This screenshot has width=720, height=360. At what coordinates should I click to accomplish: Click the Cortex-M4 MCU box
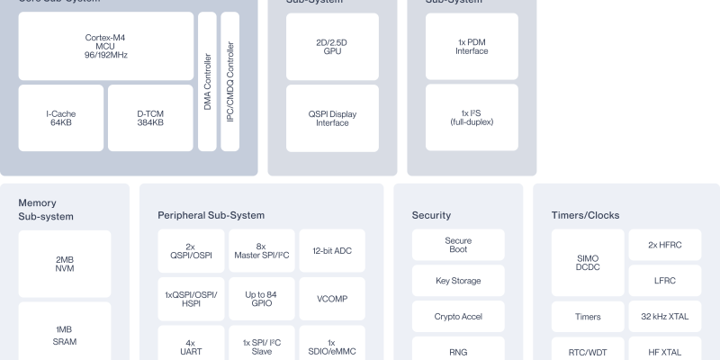pyautogui.click(x=105, y=45)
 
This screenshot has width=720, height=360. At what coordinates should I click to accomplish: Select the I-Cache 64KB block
pyautogui.click(x=60, y=117)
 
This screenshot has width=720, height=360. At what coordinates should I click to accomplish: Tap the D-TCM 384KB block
pyautogui.click(x=150, y=117)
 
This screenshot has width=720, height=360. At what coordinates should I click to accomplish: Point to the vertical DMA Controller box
pyautogui.click(x=207, y=81)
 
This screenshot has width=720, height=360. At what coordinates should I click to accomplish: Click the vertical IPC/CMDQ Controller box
pyautogui.click(x=229, y=81)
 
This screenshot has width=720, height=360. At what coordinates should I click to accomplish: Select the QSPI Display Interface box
pyautogui.click(x=332, y=117)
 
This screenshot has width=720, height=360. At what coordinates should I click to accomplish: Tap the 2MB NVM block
pyautogui.click(x=65, y=264)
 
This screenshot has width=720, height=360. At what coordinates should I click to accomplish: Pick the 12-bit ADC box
pyautogui.click(x=332, y=251)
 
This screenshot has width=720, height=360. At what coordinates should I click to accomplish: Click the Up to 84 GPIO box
pyautogui.click(x=261, y=299)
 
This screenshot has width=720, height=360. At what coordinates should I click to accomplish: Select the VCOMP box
pyautogui.click(x=332, y=299)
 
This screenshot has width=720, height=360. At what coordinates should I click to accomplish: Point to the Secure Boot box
pyautogui.click(x=458, y=245)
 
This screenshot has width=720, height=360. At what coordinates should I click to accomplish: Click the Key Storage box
pyautogui.click(x=458, y=281)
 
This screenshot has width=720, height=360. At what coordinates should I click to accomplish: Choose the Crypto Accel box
pyautogui.click(x=458, y=317)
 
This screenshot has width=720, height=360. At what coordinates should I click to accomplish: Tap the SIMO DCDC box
pyautogui.click(x=587, y=263)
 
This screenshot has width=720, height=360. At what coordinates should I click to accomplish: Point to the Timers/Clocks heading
pyautogui.click(x=585, y=215)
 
